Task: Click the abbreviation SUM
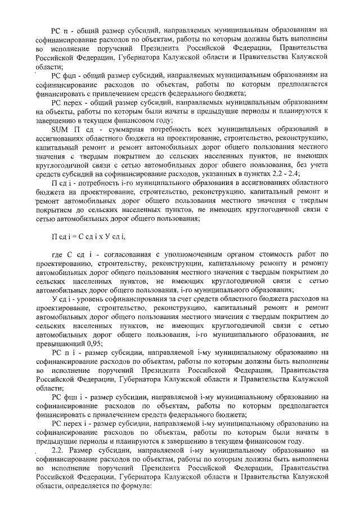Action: click(59, 130)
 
